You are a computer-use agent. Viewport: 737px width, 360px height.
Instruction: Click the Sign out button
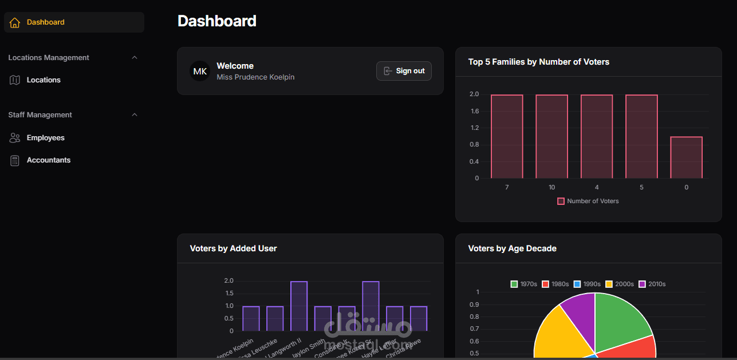coord(404,71)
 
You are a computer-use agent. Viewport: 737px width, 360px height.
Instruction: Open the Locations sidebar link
coord(43,80)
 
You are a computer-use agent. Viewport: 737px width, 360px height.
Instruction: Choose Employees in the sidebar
coord(45,138)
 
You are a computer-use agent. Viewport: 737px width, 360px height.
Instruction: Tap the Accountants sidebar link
coord(48,160)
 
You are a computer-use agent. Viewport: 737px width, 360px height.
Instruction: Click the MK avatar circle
coord(200,71)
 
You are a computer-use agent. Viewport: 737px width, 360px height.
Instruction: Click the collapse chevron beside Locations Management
coord(135,58)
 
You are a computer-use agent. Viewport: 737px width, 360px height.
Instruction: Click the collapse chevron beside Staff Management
coord(135,115)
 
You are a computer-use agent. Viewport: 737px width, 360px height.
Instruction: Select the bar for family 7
coord(507,136)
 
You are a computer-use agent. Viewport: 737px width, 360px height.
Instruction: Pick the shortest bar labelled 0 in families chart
coord(686,157)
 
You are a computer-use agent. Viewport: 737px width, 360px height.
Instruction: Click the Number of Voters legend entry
coord(588,201)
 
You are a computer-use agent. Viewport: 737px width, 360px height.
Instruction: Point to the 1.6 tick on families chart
coord(474,111)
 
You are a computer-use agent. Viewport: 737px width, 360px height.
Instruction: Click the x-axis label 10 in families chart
coord(551,188)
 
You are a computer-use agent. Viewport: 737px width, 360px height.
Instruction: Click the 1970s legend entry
coord(523,284)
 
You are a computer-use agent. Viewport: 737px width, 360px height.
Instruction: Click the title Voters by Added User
coord(233,248)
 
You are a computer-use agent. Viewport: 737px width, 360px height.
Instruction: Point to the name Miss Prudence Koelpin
coord(255,77)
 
